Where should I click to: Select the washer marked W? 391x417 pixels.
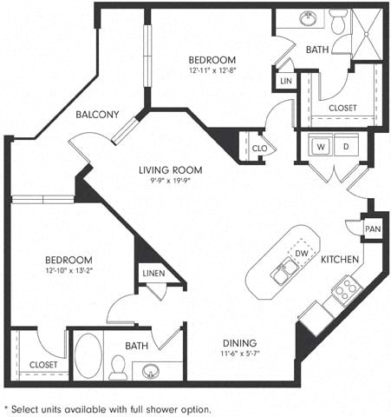[x=320, y=147]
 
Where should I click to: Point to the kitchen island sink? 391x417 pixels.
[x=282, y=273]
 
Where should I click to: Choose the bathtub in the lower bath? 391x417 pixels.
[x=88, y=356]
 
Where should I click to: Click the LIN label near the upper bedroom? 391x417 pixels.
[x=285, y=81]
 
